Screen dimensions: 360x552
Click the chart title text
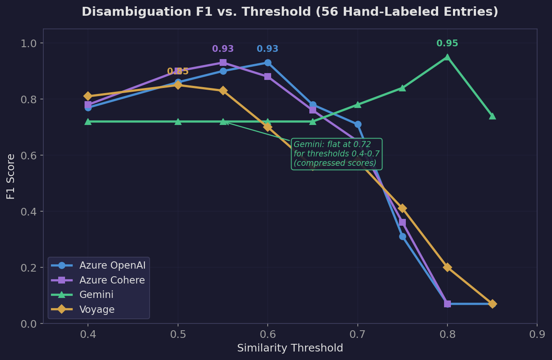coord(290,12)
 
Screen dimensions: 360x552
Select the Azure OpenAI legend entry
coord(112,266)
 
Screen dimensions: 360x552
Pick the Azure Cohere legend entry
coord(112,281)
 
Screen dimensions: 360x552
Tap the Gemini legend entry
coord(96,295)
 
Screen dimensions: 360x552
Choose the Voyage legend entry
coord(97,309)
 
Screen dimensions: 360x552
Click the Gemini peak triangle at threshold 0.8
coord(447,57)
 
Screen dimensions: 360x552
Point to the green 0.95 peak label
coord(447,43)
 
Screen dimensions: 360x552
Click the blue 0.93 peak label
coord(267,49)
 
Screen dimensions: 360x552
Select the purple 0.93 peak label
coord(223,49)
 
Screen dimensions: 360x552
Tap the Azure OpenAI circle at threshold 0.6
coord(268,62)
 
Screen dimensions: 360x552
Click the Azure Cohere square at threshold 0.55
coord(223,62)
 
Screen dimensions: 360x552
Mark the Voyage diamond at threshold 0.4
coord(88,96)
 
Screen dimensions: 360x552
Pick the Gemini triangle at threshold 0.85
coord(492,116)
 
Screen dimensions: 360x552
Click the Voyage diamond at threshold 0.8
coord(447,267)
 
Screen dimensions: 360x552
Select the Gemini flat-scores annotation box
coord(336,154)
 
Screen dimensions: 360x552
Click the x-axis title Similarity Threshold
coord(290,349)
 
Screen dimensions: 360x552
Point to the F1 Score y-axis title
coord(11,176)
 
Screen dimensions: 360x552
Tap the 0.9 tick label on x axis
coord(537,334)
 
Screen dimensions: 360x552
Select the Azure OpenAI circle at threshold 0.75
coord(402,236)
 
